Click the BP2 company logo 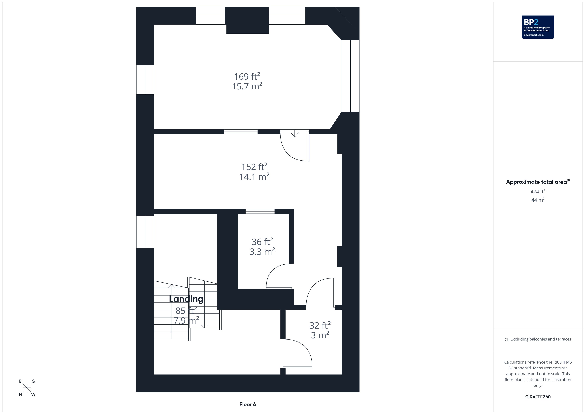[538, 27]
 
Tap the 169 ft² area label [247, 76]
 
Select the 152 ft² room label [254, 167]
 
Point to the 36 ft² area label [262, 241]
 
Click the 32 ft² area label [320, 325]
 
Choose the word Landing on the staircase [186, 299]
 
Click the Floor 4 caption [248, 404]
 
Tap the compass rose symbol [27, 388]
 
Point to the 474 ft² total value [538, 191]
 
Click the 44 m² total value [538, 200]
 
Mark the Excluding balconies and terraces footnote [538, 339]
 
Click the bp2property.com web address [534, 35]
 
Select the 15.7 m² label [247, 86]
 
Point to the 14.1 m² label [254, 177]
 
